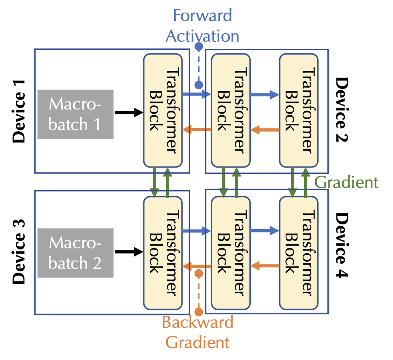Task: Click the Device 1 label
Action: tap(18, 111)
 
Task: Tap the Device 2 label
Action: tap(343, 111)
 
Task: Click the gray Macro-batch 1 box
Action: tap(75, 114)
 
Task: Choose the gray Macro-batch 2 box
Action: tap(75, 253)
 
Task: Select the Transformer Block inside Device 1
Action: tap(163, 110)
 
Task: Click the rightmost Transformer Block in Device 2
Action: tap(299, 110)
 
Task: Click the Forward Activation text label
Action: tap(202, 26)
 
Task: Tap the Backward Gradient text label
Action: tap(198, 332)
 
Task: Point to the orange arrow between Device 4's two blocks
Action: tap(264, 266)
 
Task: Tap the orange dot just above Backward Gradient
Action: tap(199, 312)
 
